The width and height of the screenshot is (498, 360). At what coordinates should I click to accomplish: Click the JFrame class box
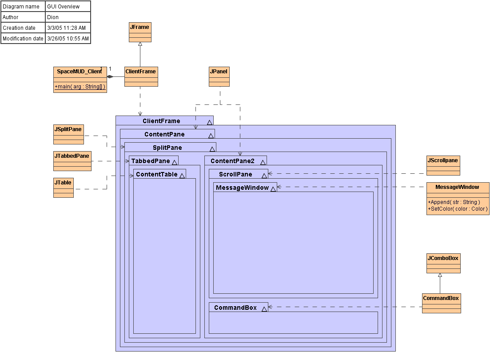pyautogui.click(x=140, y=32)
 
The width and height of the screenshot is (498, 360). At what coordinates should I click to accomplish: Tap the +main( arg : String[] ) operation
pyautogui.click(x=80, y=87)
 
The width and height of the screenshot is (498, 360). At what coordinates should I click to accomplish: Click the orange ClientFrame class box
pyautogui.click(x=141, y=76)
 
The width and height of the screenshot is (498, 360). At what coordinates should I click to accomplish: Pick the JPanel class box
pyautogui.click(x=219, y=76)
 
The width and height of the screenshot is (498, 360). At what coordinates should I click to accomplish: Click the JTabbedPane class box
pyautogui.click(x=72, y=161)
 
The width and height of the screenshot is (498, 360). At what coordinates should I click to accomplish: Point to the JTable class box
pyautogui.click(x=63, y=188)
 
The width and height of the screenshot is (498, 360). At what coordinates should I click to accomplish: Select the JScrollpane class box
pyautogui.click(x=443, y=165)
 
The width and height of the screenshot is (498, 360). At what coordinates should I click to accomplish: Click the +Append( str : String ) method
pyautogui.click(x=454, y=202)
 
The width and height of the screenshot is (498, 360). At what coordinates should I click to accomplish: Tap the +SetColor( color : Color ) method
pyautogui.click(x=458, y=208)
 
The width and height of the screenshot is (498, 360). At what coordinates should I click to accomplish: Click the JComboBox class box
pyautogui.click(x=443, y=263)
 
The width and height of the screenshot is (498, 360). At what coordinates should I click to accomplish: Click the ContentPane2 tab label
pyautogui.click(x=232, y=161)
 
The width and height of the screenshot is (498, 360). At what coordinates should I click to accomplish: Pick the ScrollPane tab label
pyautogui.click(x=235, y=174)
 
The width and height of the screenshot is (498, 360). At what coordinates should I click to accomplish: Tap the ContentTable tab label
pyautogui.click(x=157, y=174)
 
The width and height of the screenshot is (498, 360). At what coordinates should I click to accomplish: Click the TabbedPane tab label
pyautogui.click(x=151, y=161)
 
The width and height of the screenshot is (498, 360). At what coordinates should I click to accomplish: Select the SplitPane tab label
pyautogui.click(x=167, y=148)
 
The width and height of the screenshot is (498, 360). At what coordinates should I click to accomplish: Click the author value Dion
pyautogui.click(x=53, y=17)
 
